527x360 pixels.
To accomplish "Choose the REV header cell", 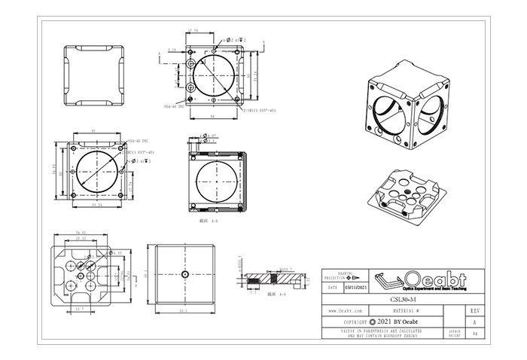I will coord(474,310).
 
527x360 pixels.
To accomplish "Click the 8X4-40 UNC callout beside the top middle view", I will coord(175,107).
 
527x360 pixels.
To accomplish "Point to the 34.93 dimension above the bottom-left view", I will coord(81,233).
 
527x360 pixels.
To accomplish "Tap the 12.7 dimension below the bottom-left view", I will coord(81,309).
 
